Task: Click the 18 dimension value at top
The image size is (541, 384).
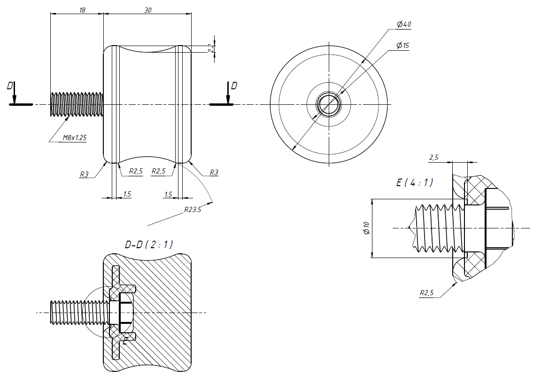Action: tap(82, 10)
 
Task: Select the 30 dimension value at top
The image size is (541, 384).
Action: tap(147, 10)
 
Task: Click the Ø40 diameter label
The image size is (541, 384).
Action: tap(404, 24)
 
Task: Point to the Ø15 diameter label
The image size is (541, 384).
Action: tap(402, 46)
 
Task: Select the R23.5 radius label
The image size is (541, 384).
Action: tap(193, 210)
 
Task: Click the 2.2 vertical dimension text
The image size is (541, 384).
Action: tap(211, 47)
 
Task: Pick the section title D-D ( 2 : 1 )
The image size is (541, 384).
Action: tap(148, 244)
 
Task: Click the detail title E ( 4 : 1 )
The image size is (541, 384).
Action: tap(415, 183)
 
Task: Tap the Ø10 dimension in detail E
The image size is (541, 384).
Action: tap(367, 228)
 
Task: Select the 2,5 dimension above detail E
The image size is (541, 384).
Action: tap(433, 157)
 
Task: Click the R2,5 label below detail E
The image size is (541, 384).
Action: tap(427, 293)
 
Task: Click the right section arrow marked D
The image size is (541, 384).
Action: tap(228, 93)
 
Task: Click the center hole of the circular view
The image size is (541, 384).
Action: tap(329, 104)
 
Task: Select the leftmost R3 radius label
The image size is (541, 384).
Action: tap(85, 174)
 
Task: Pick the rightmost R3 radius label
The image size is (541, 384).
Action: tap(213, 172)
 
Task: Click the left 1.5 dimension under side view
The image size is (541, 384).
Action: tap(127, 194)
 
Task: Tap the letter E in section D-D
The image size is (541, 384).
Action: tap(124, 342)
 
